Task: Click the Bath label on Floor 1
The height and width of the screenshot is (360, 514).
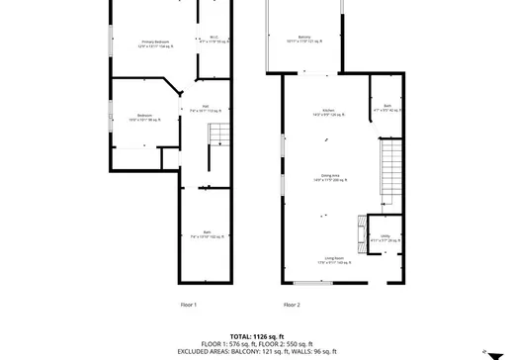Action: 207,234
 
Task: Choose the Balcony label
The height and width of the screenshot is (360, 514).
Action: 304,40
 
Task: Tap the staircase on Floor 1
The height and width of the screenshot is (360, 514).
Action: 214,157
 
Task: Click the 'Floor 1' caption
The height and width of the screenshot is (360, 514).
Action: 188,305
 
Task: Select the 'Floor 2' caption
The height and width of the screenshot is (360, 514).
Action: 292,305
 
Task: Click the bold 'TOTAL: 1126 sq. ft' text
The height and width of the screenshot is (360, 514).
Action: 256,335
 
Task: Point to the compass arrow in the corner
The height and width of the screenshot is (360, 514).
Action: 483,350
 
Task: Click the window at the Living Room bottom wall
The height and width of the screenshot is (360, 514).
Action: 308,283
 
